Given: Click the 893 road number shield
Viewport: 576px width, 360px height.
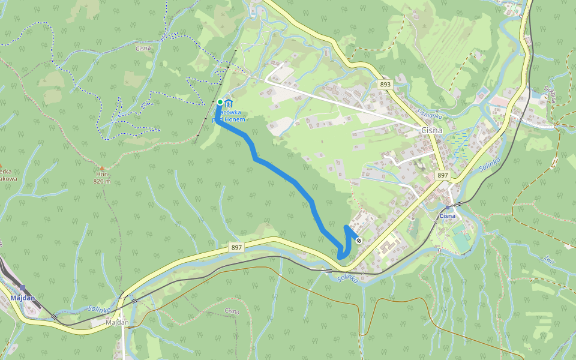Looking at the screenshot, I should (x=385, y=85).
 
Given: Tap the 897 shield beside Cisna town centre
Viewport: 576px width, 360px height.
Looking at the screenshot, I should (x=443, y=175).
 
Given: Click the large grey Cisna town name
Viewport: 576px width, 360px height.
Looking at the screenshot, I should (x=432, y=130).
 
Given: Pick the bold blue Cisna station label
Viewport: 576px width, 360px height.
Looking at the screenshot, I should (x=448, y=216).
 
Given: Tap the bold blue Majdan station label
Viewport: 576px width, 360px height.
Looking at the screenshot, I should (x=23, y=298).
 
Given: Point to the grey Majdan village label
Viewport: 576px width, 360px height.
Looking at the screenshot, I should (x=117, y=322).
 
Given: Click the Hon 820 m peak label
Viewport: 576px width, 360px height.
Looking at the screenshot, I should (x=102, y=178).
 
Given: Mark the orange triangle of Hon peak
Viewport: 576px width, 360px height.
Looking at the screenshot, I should (x=101, y=168).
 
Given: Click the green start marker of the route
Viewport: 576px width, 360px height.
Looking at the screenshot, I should (x=220, y=102).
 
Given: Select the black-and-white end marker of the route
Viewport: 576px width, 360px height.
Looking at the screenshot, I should (x=359, y=241).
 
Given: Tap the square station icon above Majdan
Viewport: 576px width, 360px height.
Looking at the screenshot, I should (x=23, y=289).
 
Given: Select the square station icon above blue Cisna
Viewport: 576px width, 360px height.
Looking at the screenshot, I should (x=448, y=208).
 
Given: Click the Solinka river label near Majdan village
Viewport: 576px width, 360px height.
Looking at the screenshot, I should (x=100, y=309).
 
